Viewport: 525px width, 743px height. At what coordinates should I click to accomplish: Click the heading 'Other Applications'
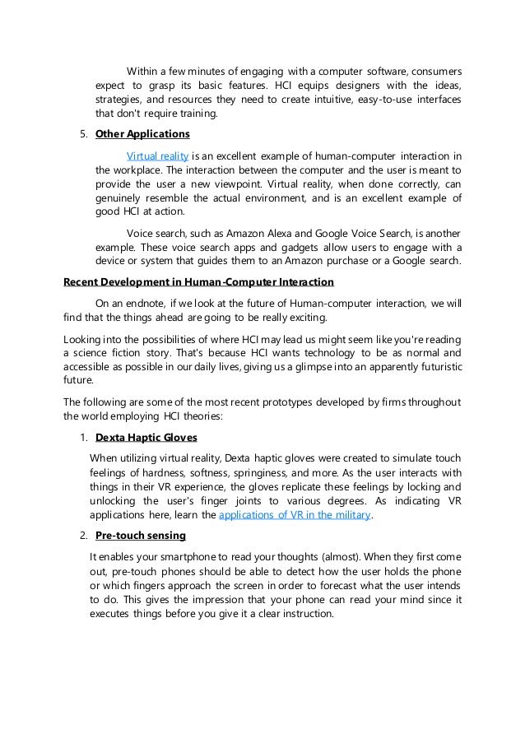142,133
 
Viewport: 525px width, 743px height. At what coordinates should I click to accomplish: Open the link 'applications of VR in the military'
296,515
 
